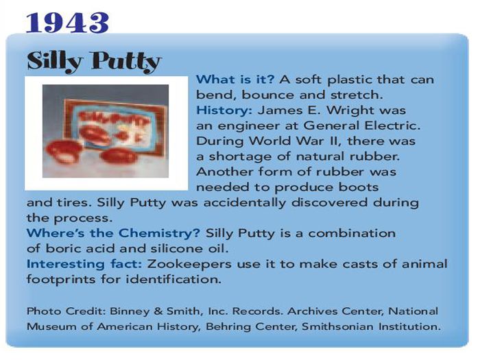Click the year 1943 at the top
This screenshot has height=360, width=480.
[x=67, y=23]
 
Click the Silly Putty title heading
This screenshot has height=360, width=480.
[x=94, y=62]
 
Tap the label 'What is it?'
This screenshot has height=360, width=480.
[x=235, y=80]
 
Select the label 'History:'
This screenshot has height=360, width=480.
[x=224, y=110]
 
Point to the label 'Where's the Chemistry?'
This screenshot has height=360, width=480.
[x=113, y=233]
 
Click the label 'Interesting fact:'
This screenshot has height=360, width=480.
[x=84, y=264]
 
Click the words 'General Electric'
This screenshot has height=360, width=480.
[x=362, y=125]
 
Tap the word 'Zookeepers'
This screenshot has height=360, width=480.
[x=189, y=265]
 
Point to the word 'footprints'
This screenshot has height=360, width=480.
[x=61, y=280]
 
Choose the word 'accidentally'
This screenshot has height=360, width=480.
[x=244, y=203]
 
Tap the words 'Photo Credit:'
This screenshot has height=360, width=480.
[x=66, y=311]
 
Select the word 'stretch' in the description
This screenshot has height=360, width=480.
[x=357, y=95]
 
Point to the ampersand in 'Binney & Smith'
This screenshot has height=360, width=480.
[x=158, y=311]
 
